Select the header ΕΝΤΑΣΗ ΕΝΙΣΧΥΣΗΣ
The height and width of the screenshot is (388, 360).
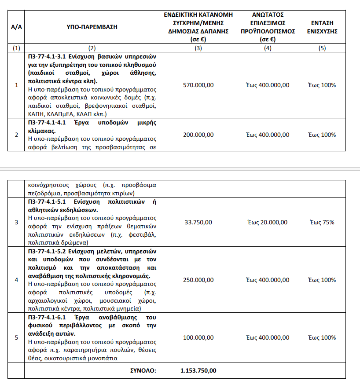click(323, 27)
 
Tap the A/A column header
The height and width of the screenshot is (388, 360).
click(16, 27)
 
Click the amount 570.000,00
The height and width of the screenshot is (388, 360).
click(198, 85)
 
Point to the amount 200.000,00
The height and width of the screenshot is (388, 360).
click(198, 135)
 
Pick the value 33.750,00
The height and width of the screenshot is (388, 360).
click(198, 222)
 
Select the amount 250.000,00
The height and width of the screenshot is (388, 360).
click(198, 280)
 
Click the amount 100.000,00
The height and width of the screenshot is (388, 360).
click(198, 337)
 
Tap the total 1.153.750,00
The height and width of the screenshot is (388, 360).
click(198, 370)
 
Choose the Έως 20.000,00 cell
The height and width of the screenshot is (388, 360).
click(267, 222)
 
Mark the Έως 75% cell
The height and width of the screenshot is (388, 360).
click(323, 222)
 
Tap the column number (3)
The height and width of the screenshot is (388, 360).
click(198, 48)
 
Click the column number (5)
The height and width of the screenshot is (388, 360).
click(323, 48)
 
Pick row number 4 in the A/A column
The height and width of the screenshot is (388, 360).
click(16, 280)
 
